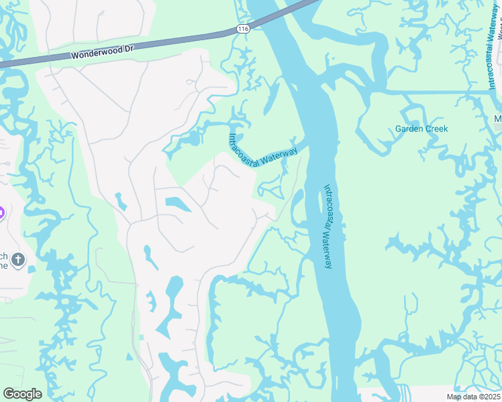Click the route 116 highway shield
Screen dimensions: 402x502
(x=243, y=29)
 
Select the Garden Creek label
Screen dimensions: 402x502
(x=421, y=129)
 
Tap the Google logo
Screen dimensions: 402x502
(x=22, y=394)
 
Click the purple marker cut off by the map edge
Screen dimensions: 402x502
(x=2, y=213)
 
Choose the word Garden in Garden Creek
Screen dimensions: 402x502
(x=408, y=129)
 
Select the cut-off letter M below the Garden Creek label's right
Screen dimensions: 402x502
(x=498, y=119)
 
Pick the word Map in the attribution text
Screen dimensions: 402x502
(x=454, y=397)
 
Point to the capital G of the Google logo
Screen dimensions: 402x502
(x=8, y=394)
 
